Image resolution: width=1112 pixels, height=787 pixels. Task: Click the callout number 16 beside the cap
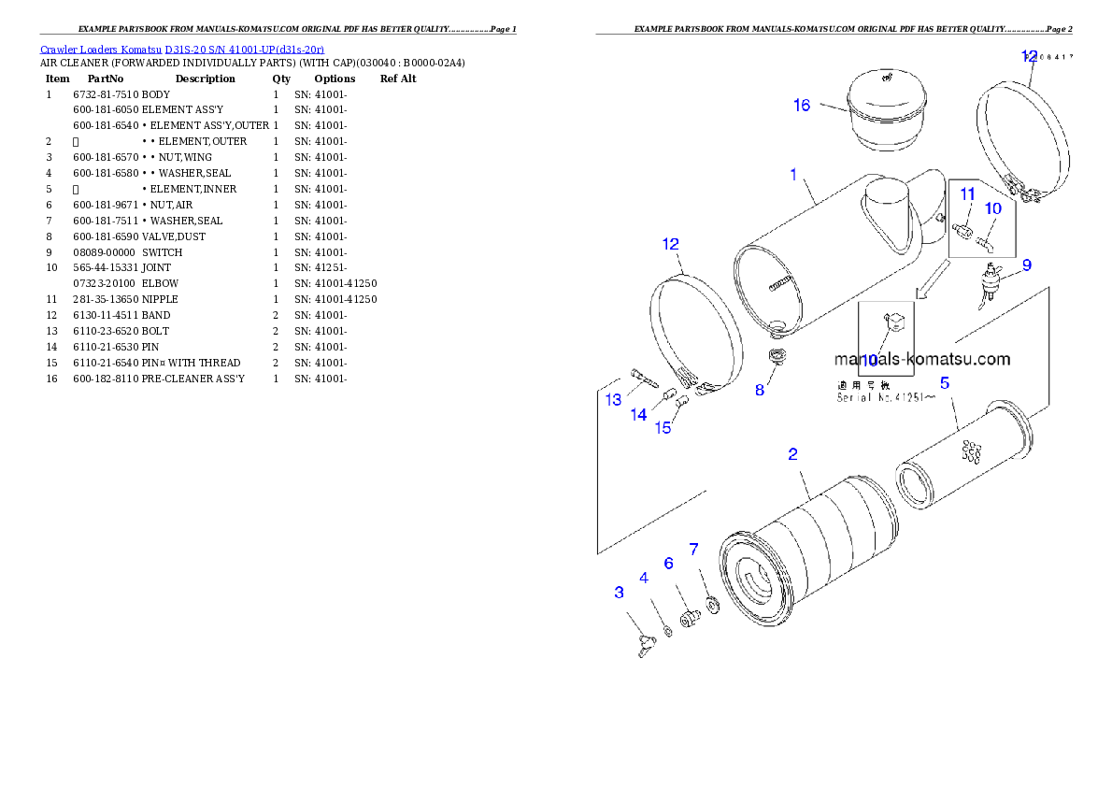(x=802, y=105)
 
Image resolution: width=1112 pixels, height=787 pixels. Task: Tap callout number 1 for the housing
(x=793, y=174)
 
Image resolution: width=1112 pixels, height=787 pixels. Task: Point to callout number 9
(x=1026, y=265)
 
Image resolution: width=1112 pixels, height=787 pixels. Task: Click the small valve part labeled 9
(x=991, y=279)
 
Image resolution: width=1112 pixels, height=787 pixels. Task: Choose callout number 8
(x=760, y=390)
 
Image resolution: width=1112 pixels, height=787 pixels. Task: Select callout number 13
(x=613, y=400)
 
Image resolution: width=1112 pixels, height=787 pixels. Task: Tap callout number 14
(x=638, y=415)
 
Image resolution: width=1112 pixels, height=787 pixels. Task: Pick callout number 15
(x=663, y=428)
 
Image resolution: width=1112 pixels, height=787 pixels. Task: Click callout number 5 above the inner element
(x=945, y=382)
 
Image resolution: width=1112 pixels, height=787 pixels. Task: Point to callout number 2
(x=792, y=454)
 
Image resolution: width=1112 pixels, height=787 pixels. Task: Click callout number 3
(x=619, y=593)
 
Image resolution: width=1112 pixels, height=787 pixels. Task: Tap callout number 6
(x=668, y=563)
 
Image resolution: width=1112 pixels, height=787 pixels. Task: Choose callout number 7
(x=693, y=549)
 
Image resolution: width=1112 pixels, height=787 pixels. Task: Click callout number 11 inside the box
(x=968, y=193)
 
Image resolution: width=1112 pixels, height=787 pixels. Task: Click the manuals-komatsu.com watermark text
(x=921, y=359)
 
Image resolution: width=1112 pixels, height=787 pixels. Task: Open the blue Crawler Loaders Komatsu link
(x=182, y=49)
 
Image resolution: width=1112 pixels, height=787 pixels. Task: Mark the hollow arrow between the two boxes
(x=931, y=279)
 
